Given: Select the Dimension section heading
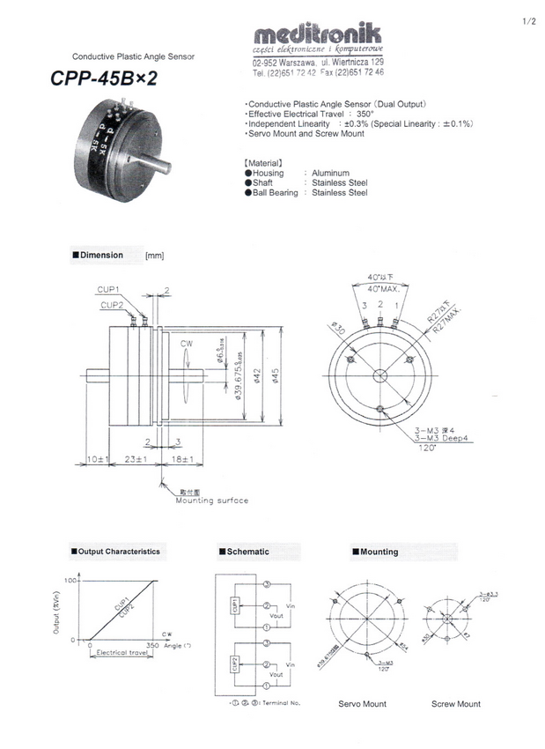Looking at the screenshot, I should click(x=101, y=256).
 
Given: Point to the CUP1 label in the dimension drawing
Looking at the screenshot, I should click(x=107, y=289).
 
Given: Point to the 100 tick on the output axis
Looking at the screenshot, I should click(x=71, y=582).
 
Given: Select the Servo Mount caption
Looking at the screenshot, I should click(x=362, y=704).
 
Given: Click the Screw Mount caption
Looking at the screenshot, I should click(x=456, y=704).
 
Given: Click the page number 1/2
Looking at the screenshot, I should click(x=528, y=20).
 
